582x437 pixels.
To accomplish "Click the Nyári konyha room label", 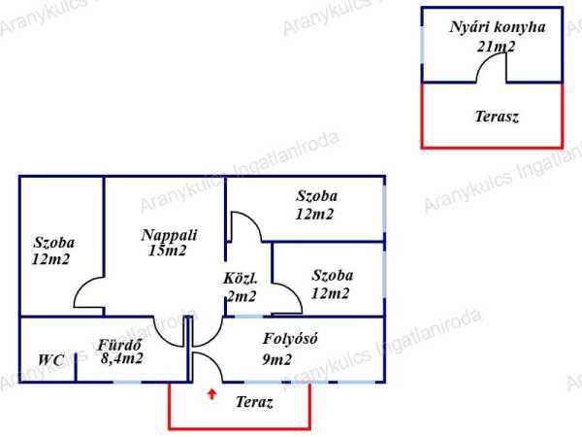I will pyautogui.click(x=497, y=27).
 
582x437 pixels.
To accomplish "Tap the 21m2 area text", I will pyautogui.click(x=496, y=46).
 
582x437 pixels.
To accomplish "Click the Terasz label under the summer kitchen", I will pyautogui.click(x=497, y=117).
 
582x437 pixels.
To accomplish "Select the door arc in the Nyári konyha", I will pyautogui.click(x=493, y=68).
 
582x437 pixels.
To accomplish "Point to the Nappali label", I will pyautogui.click(x=169, y=234).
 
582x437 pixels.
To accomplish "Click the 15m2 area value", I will pyautogui.click(x=168, y=251).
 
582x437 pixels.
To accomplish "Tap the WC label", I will pyautogui.click(x=51, y=360).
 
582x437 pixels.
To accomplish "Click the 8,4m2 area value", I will pyautogui.click(x=122, y=358).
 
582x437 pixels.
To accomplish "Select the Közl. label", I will pyautogui.click(x=240, y=279).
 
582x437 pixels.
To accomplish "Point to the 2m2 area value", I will pyautogui.click(x=241, y=296).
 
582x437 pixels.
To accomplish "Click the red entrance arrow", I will pyautogui.click(x=212, y=394).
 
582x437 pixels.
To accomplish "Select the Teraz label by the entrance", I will pyautogui.click(x=254, y=402).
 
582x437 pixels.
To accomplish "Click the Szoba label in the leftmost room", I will pyautogui.click(x=54, y=243).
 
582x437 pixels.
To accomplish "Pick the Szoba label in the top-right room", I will pyautogui.click(x=316, y=196).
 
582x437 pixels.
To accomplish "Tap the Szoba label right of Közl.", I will pyautogui.click(x=332, y=276).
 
